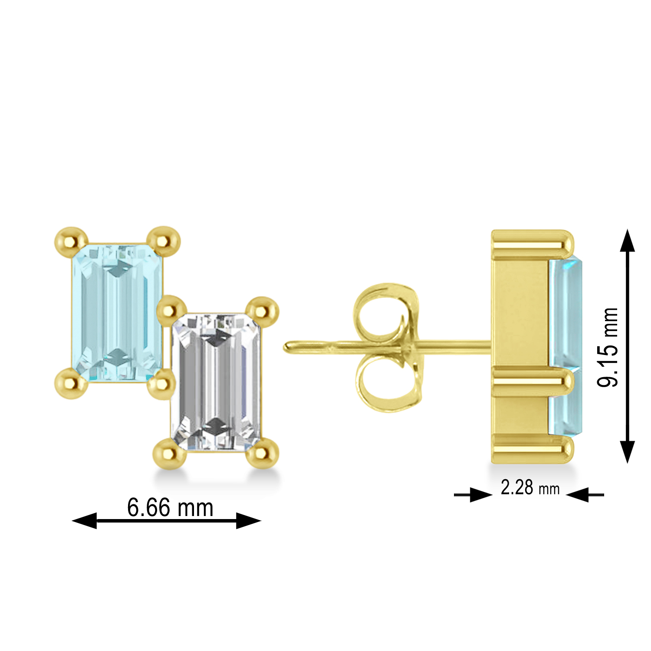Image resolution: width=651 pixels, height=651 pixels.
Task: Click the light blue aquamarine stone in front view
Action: point(116,312)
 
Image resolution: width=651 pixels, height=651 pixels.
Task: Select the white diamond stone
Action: point(216,382)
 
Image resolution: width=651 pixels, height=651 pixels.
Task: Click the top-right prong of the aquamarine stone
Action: point(163,240)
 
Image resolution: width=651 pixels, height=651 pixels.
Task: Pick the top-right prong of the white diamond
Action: point(262,311)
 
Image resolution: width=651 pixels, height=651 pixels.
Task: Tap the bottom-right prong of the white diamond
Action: point(262,454)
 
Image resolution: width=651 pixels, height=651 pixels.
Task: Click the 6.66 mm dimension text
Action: point(170,507)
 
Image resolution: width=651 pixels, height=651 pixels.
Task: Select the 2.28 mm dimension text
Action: point(530,488)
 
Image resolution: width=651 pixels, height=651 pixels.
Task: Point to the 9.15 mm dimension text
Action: point(608,347)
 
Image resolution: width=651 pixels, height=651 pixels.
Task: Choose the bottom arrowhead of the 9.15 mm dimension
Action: point(627,451)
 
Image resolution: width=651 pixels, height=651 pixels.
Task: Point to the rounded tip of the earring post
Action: point(288,348)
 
